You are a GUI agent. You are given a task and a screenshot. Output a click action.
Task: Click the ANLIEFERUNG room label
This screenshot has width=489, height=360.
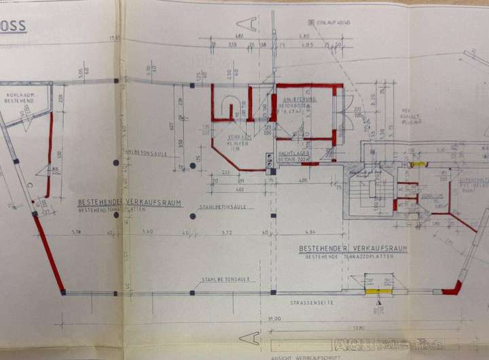297,99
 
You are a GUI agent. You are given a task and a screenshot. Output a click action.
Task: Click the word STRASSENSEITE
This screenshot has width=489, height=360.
312,302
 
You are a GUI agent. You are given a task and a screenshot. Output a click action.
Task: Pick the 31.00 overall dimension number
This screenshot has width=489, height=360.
274,318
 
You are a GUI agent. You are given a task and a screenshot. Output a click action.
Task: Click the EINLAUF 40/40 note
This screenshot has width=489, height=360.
333,22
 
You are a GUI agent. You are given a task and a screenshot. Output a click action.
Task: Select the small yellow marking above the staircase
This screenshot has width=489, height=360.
418,164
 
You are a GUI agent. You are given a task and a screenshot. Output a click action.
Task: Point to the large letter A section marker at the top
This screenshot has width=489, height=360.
253,25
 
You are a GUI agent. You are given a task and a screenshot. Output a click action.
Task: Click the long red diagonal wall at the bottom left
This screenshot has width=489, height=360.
49,252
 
